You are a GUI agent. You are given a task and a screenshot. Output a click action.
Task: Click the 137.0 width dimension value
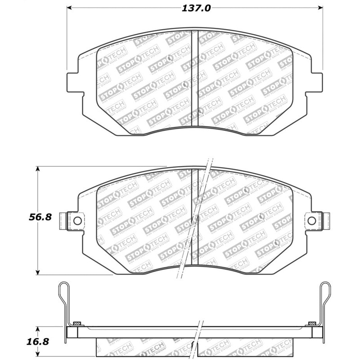195,8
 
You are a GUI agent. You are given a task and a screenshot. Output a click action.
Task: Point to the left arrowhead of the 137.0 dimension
70,8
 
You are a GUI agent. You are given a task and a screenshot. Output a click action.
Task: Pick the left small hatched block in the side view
77,323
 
